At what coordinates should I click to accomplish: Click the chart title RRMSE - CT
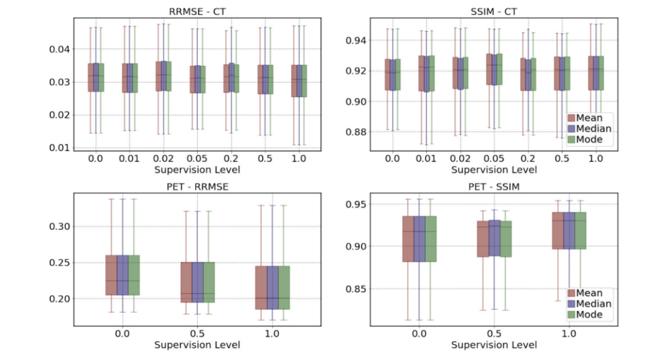tap(197, 11)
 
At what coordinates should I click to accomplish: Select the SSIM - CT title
tap(493, 11)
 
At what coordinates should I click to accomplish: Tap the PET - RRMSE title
tap(197, 187)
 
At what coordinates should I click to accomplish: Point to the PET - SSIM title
tap(493, 187)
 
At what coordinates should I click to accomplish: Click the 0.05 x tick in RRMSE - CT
tap(197, 159)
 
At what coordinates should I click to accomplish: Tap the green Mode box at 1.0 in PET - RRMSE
tap(283, 287)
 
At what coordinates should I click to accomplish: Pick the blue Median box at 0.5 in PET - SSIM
tap(494, 238)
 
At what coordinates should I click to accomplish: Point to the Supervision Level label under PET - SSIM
tap(493, 345)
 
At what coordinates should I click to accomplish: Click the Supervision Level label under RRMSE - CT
tap(197, 169)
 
